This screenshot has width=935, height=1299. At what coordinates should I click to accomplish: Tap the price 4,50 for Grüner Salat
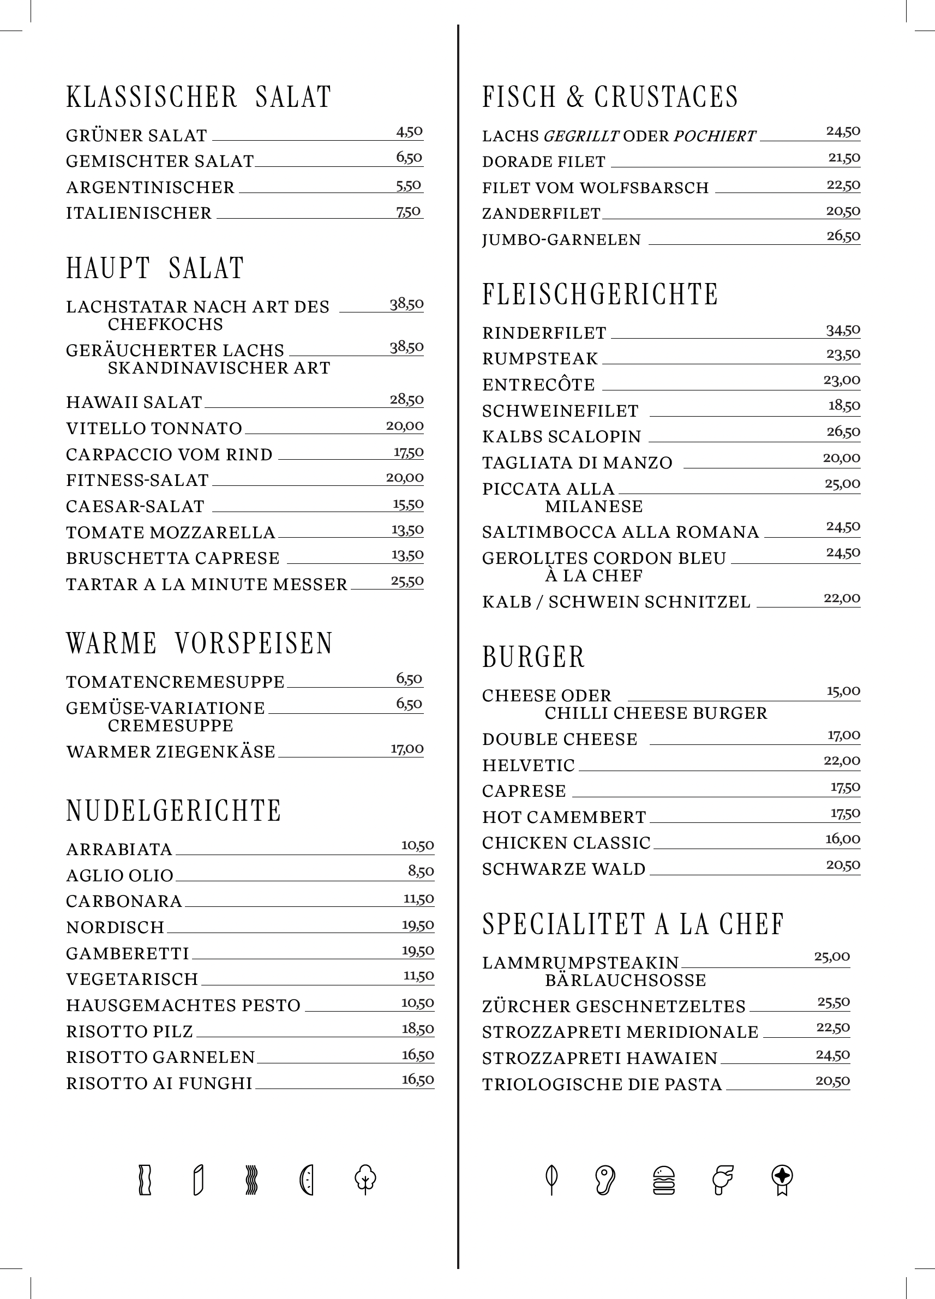(x=409, y=132)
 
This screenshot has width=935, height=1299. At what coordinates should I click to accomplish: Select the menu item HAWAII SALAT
(x=134, y=402)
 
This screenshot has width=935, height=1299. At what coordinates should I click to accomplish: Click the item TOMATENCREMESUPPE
(x=175, y=682)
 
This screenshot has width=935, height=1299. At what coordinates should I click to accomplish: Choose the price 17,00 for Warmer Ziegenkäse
(x=407, y=749)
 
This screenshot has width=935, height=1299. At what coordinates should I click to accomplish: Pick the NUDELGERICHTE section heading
(x=173, y=810)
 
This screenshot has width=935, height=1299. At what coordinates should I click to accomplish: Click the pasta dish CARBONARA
(x=124, y=901)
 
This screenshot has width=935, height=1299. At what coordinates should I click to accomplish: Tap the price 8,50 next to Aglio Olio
(x=421, y=871)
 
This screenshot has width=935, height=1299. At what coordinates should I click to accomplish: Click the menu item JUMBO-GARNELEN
(x=561, y=239)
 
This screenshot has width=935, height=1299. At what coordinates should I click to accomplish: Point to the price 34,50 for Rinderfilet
(x=843, y=330)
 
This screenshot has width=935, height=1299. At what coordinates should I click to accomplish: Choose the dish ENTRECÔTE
(x=538, y=384)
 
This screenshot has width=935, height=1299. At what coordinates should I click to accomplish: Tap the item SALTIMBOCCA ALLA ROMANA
(x=620, y=532)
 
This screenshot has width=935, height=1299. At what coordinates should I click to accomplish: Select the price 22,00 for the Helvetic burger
(x=842, y=761)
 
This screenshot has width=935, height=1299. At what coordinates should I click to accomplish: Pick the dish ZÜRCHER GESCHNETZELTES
(x=614, y=1006)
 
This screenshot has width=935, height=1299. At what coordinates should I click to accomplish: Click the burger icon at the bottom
(x=664, y=1181)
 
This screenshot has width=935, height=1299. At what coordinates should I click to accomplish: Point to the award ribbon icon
(x=783, y=1181)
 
